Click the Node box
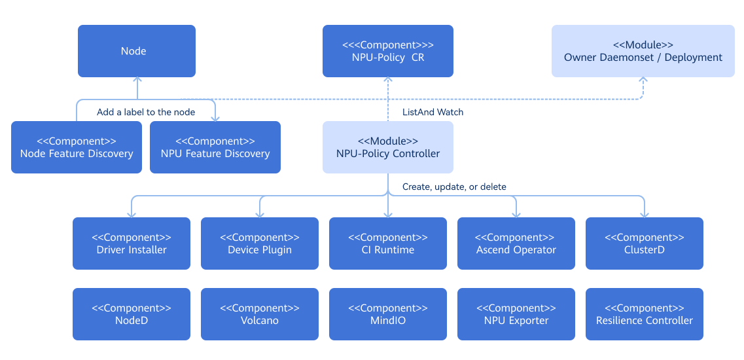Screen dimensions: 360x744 [x=137, y=51]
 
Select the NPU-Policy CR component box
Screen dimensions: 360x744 [x=388, y=51]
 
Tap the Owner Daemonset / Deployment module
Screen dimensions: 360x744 [x=643, y=51]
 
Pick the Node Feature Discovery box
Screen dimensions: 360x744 [x=77, y=147]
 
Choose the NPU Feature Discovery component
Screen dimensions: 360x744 [x=215, y=147]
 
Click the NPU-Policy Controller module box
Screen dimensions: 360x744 [x=388, y=147]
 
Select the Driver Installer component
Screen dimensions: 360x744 [x=132, y=243]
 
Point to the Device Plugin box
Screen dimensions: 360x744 [x=260, y=243]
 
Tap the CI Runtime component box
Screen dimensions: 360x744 [x=388, y=243]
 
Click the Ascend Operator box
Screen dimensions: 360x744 [x=516, y=243]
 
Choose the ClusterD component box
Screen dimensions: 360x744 [x=645, y=243]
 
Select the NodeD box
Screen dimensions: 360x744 [x=132, y=314]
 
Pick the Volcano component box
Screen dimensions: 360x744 [x=260, y=314]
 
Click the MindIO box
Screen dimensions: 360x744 [x=388, y=314]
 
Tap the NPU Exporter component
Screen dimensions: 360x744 [x=516, y=314]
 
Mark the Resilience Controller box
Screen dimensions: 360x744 [x=645, y=314]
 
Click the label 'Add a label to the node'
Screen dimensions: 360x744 [x=146, y=112]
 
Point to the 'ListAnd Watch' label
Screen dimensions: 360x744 [x=433, y=112]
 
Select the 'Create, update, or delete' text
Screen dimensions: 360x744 [x=454, y=187]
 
